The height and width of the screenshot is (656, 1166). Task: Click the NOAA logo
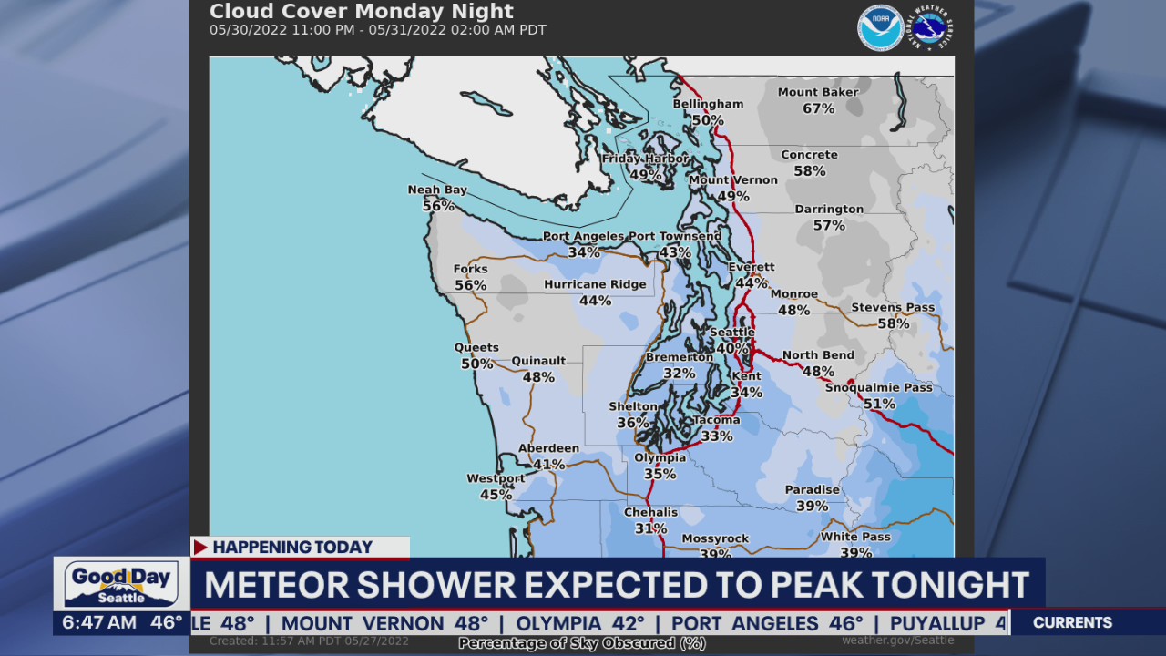[880, 28]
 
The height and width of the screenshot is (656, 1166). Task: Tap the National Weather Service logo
[931, 28]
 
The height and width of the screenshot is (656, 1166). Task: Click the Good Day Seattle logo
[121, 583]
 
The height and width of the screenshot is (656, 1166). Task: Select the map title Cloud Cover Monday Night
[362, 12]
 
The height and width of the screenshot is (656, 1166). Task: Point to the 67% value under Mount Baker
[818, 109]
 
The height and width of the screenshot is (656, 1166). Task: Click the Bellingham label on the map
[708, 104]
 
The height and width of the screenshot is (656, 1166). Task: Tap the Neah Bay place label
[437, 190]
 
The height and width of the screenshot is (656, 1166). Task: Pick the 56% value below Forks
[470, 285]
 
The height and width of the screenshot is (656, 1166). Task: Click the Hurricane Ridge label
[595, 284]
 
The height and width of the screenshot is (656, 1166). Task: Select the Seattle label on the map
[731, 333]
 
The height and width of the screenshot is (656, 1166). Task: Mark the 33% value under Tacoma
[717, 436]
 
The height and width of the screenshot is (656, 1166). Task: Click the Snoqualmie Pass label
[878, 387]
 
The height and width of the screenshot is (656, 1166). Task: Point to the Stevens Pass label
[893, 307]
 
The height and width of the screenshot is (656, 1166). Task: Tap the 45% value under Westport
[496, 495]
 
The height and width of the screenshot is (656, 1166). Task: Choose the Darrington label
[829, 209]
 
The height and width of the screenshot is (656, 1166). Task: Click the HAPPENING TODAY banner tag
[292, 547]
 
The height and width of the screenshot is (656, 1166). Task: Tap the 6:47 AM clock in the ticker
[99, 623]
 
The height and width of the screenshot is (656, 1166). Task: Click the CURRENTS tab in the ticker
[1072, 623]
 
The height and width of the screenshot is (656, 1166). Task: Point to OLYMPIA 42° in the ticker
[580, 623]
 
